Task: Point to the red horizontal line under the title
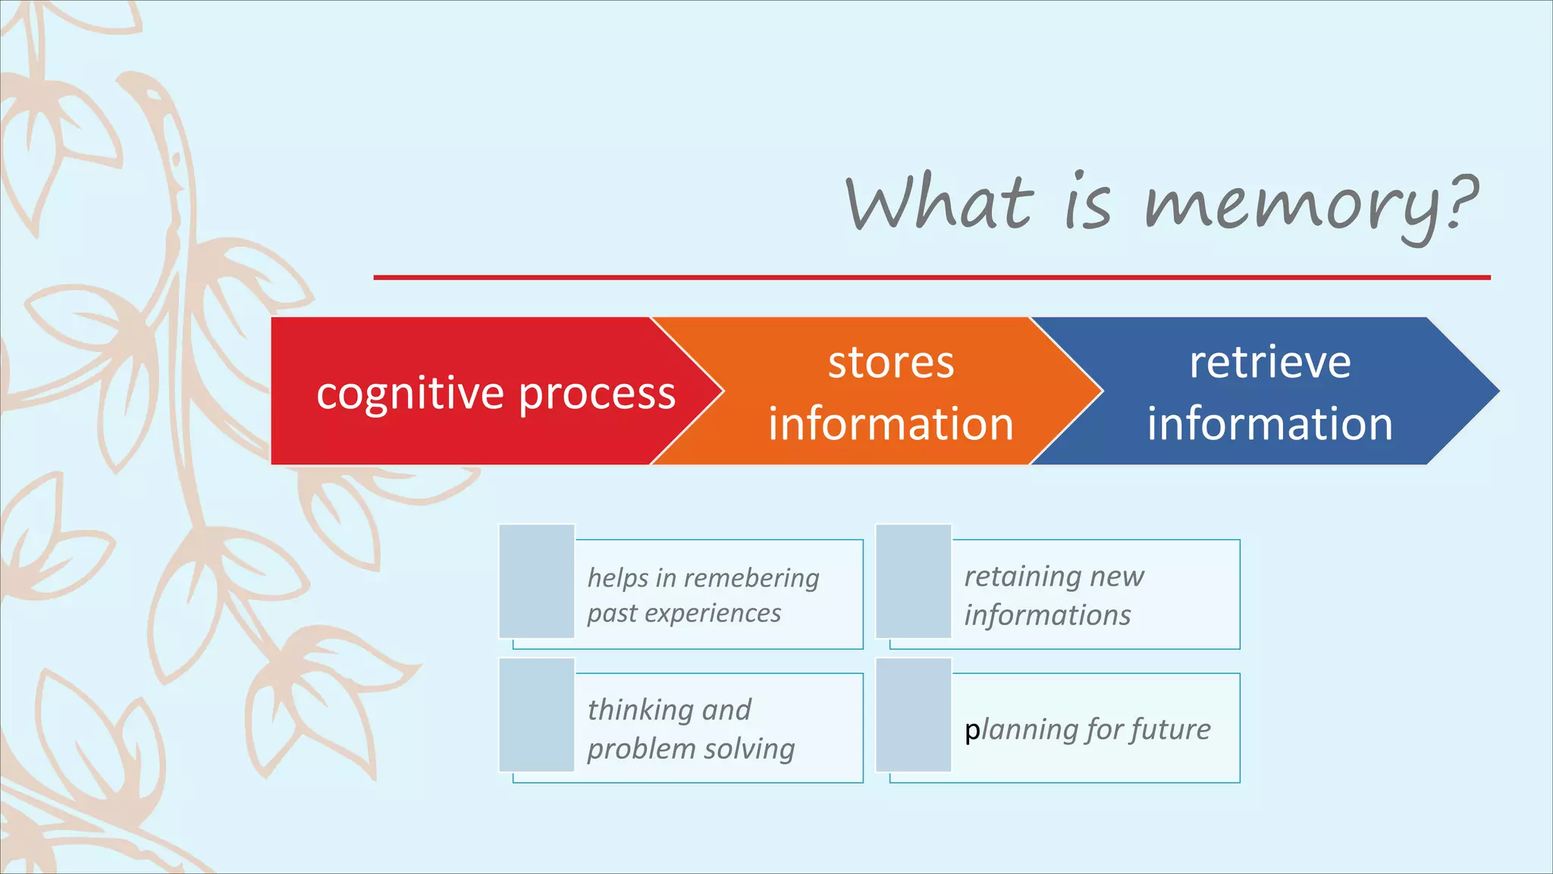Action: point(931,278)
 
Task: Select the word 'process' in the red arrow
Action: point(597,395)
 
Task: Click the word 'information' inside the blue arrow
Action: point(1269,423)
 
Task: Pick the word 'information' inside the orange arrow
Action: point(891,423)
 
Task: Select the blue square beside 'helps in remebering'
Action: point(537,580)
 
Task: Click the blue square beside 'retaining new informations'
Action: point(914,580)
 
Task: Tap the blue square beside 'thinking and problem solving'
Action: point(537,715)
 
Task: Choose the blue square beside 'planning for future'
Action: point(914,715)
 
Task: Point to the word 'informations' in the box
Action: point(1047,615)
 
